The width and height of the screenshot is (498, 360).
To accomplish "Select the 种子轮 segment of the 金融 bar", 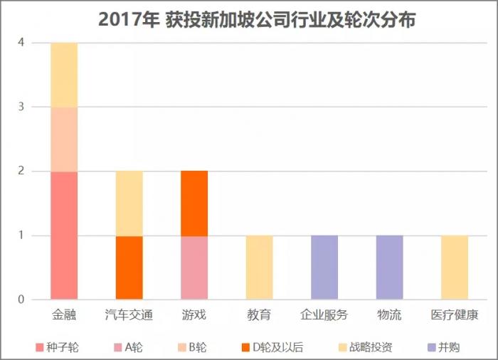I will [64, 235].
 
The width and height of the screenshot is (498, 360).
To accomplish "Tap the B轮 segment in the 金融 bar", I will [64, 139].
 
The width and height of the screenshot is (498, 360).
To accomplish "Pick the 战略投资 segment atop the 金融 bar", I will [64, 75].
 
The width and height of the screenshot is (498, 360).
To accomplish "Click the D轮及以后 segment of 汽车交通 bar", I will [129, 267].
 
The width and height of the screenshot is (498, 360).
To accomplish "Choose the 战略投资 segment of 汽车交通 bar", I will [129, 203].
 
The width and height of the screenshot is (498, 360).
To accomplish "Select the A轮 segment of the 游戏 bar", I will [194, 267].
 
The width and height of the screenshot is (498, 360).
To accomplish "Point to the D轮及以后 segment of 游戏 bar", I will [194, 203].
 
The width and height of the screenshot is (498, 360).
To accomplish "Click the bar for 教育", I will [259, 267].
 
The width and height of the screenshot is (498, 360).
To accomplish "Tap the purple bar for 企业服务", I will [324, 267].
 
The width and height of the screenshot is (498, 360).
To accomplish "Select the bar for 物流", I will [389, 267].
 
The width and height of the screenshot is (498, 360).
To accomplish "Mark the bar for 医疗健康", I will [455, 267].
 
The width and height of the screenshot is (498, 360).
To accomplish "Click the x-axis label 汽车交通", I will [129, 314].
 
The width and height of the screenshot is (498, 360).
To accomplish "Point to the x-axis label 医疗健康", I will [455, 314].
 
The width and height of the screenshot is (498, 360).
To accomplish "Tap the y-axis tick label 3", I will [21, 107].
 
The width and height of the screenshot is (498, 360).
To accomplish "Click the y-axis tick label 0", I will [21, 299].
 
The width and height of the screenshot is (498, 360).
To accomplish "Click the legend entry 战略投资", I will [370, 347].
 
